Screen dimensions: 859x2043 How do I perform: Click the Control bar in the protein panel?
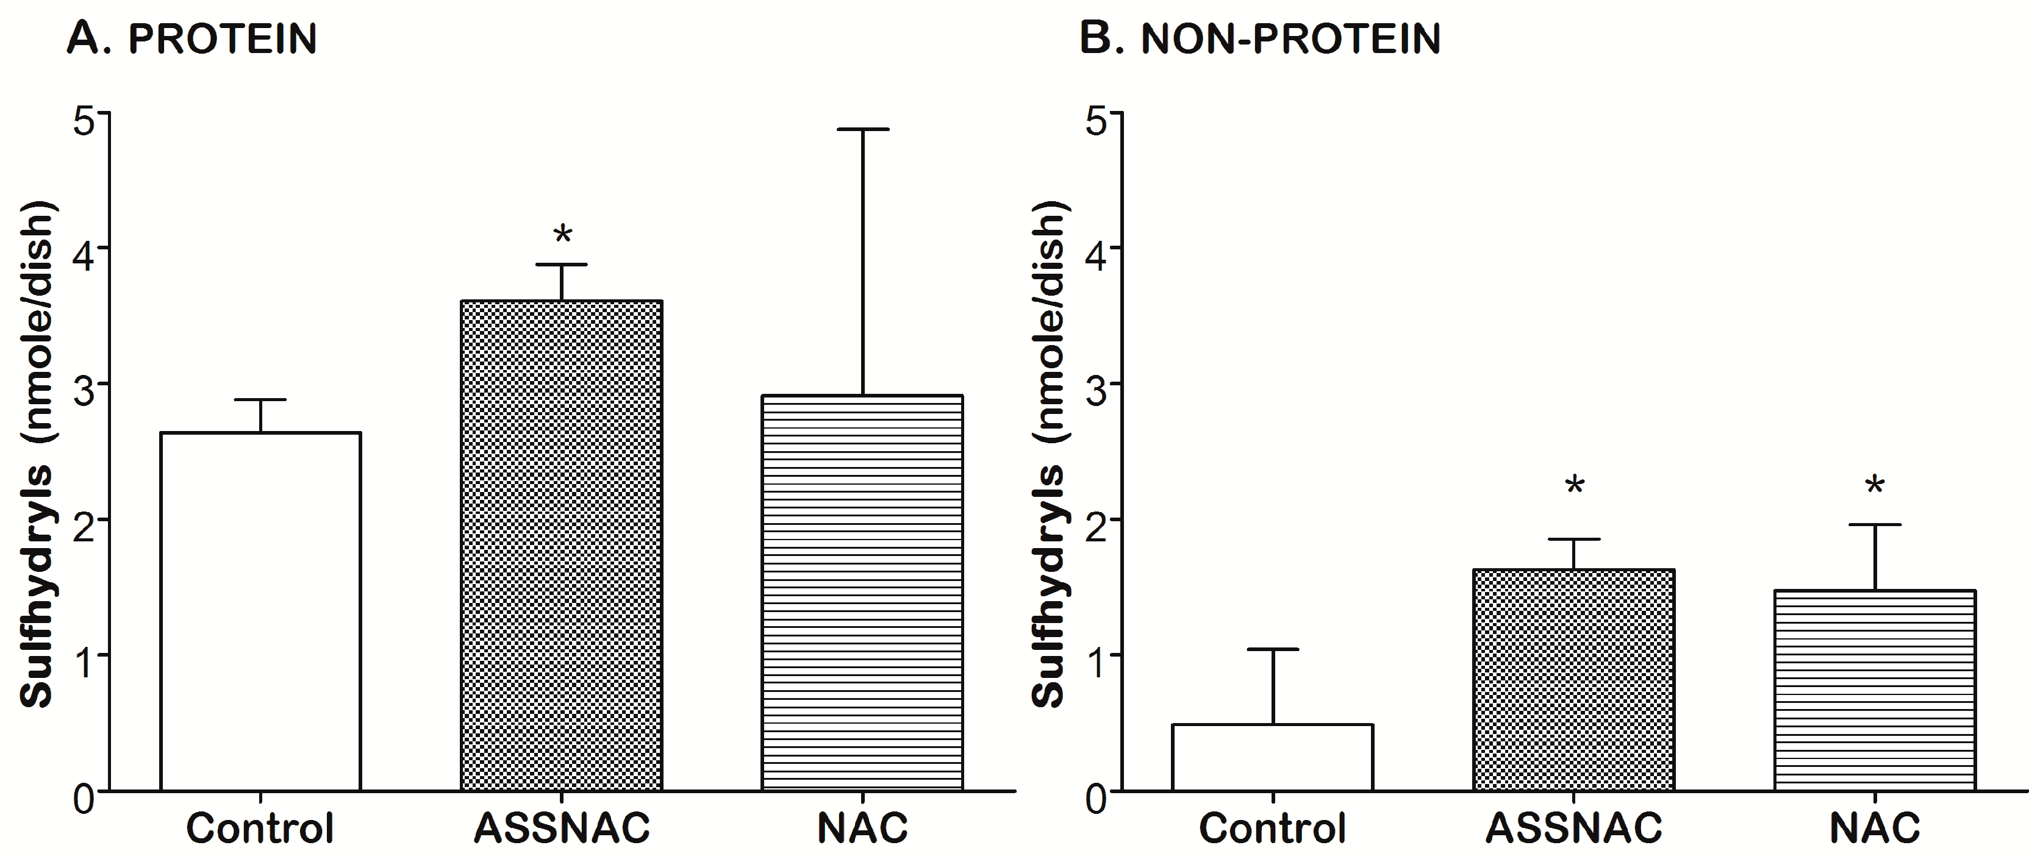click(x=260, y=611)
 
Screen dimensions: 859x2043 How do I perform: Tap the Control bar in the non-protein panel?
click(x=1272, y=757)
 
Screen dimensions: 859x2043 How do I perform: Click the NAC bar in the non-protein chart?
click(x=1874, y=690)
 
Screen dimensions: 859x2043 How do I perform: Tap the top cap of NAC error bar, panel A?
click(x=862, y=129)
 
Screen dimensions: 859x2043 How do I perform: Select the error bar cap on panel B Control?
click(x=1272, y=650)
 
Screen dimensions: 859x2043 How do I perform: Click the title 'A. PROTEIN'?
click(x=192, y=38)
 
